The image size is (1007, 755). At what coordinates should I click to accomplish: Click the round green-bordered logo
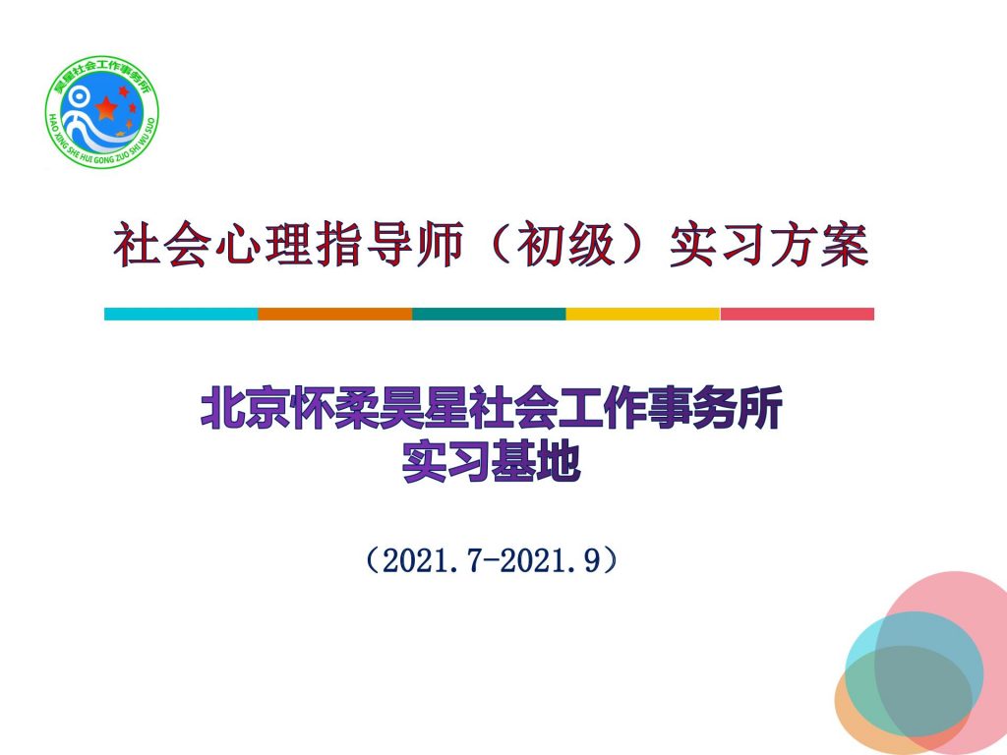(x=102, y=112)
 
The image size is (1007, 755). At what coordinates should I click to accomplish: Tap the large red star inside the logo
(x=106, y=108)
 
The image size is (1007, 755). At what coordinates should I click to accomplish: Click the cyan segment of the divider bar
(x=181, y=314)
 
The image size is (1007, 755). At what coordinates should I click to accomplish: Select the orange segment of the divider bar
(x=335, y=314)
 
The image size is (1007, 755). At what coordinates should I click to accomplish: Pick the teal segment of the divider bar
(x=490, y=314)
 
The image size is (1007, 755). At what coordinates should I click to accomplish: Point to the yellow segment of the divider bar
(x=643, y=314)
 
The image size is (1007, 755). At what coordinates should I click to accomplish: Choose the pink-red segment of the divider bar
(x=797, y=314)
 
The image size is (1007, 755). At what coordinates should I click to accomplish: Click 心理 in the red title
(x=264, y=244)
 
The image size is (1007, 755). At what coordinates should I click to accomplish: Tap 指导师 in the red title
(x=389, y=244)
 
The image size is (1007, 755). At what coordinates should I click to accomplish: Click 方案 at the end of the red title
(x=819, y=244)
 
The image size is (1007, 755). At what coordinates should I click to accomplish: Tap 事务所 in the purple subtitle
(x=716, y=408)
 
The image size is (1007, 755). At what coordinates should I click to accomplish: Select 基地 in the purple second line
(x=536, y=461)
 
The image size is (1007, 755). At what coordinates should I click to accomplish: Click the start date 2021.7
(x=432, y=560)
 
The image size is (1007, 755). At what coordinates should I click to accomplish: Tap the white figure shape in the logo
(x=81, y=119)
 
